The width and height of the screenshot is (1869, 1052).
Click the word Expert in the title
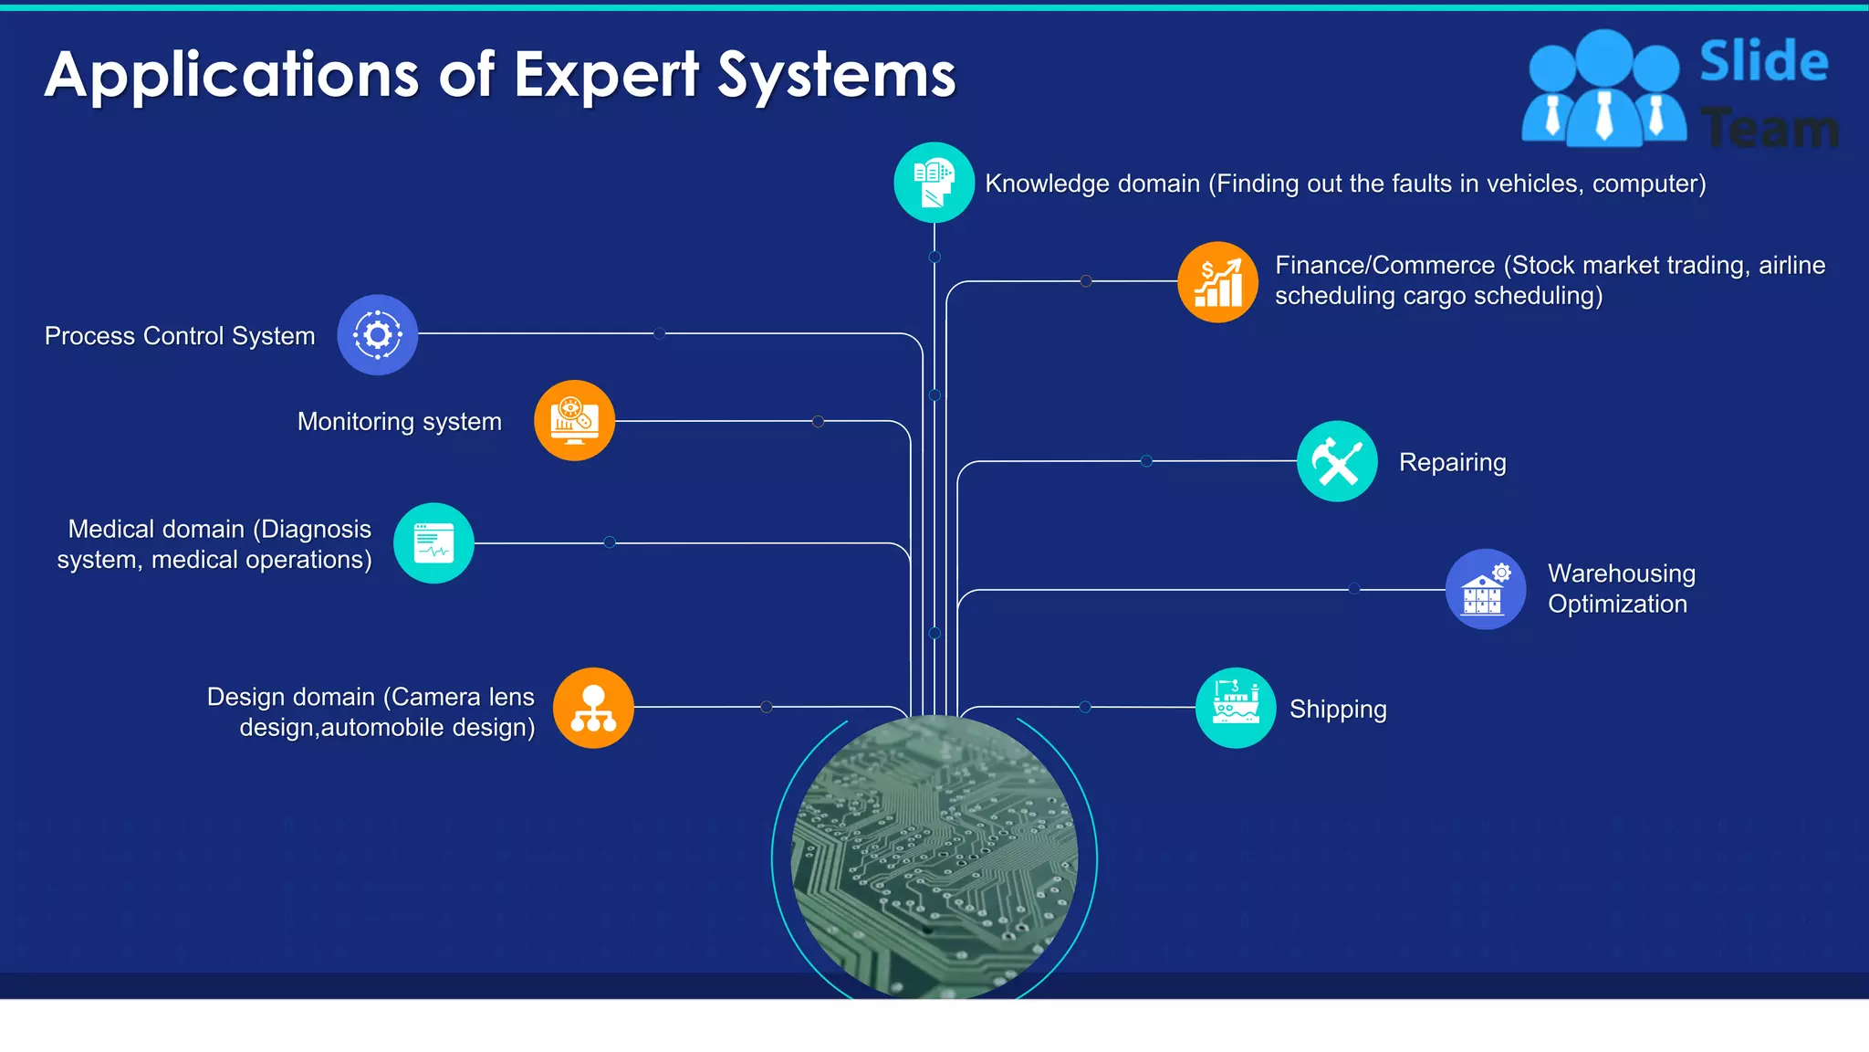tap(606, 75)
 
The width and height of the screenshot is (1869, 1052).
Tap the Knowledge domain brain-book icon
tap(934, 183)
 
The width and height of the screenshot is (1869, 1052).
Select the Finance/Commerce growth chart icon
tap(1217, 282)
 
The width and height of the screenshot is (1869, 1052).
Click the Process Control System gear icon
tap(378, 335)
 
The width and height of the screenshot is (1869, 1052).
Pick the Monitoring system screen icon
tap(574, 421)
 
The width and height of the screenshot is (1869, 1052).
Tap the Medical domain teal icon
tap(433, 543)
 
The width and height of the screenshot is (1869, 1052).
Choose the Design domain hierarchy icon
tap(593, 708)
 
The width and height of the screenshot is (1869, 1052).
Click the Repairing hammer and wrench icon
tap(1337, 461)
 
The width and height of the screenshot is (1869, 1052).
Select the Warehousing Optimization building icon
tap(1485, 589)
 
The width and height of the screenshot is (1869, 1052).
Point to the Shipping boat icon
tap(1236, 708)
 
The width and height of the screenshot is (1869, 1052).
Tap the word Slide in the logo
tap(1763, 62)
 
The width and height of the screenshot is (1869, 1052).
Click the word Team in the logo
tap(1769, 128)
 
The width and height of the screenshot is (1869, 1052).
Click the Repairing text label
tap(1452, 462)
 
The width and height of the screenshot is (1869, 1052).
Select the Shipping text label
tap(1337, 710)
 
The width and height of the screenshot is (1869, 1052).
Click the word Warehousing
tap(1621, 573)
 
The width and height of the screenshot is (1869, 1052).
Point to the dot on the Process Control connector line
tap(659, 333)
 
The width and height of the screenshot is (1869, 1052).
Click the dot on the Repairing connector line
tap(1146, 461)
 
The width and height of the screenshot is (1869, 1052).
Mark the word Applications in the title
tap(232, 75)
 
